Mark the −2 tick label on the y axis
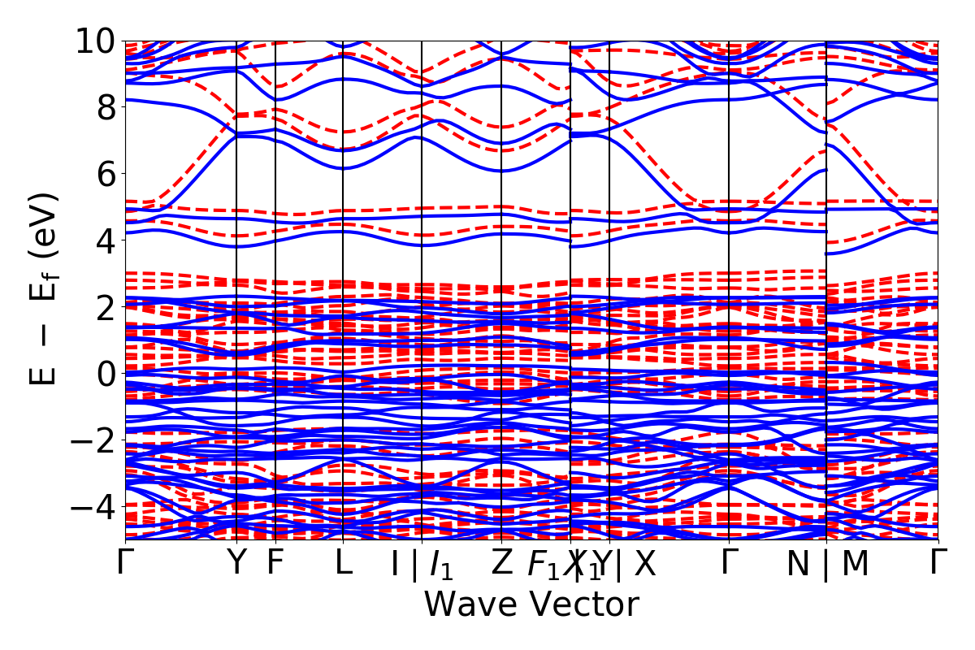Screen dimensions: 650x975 89,440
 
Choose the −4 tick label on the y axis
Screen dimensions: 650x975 89,506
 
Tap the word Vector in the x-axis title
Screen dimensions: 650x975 582,604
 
